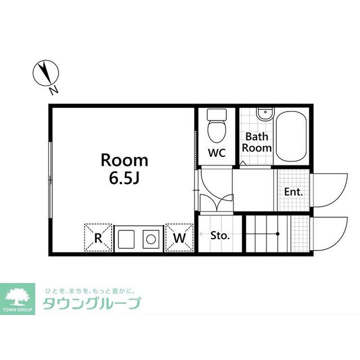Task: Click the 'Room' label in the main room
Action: [124, 160]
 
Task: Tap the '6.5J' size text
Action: [124, 178]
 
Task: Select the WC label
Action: [217, 152]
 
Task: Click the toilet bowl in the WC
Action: [217, 132]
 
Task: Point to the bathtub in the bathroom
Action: [291, 137]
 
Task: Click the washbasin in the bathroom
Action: [265, 114]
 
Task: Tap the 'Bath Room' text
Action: [256, 142]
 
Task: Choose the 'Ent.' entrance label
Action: [294, 192]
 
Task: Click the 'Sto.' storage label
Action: [220, 236]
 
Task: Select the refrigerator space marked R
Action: [98, 237]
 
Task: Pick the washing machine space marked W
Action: [179, 237]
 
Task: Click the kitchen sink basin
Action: [126, 239]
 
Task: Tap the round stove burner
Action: [151, 239]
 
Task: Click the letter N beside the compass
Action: [54, 90]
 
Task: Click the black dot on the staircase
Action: [277, 234]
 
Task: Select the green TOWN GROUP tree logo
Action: [17, 299]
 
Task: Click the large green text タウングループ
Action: [92, 303]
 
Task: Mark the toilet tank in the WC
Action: [217, 114]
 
